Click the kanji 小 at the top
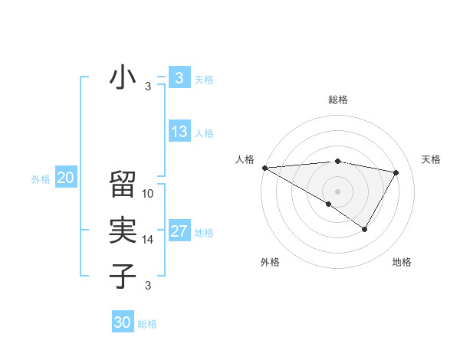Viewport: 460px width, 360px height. click(123, 78)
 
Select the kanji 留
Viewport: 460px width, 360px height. click(123, 185)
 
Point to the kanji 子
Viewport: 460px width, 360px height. click(123, 276)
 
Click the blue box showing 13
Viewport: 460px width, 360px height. click(179, 132)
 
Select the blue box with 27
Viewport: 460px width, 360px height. click(179, 231)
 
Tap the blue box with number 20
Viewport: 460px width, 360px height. click(66, 178)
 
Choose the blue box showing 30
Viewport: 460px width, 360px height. click(123, 322)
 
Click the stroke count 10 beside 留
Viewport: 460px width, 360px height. click(148, 194)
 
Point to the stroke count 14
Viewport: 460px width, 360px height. click(148, 240)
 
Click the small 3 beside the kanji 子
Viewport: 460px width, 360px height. click(148, 286)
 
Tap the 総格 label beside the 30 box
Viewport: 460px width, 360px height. click(147, 324)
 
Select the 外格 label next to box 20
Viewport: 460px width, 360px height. click(41, 179)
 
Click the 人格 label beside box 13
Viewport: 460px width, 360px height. click(204, 133)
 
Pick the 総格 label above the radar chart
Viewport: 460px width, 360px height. click(337, 100)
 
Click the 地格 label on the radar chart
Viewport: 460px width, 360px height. click(402, 262)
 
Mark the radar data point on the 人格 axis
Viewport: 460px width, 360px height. click(264, 167)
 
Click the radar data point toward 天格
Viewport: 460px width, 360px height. click(396, 172)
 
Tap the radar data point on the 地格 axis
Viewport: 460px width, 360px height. click(365, 229)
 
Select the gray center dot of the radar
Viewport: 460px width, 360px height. click(337, 191)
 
